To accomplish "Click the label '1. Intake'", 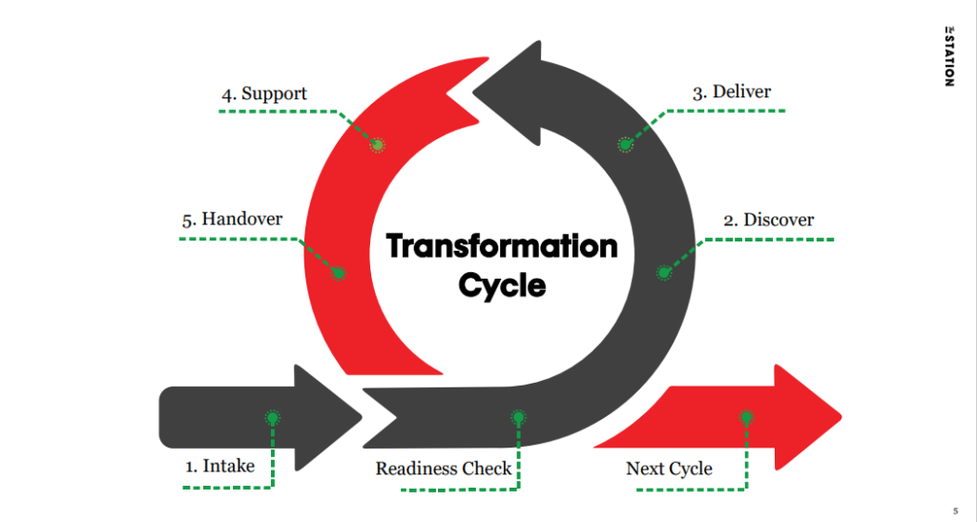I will pos(219,467).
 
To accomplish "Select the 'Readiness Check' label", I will pos(444,469).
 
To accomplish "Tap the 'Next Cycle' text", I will pos(669,469).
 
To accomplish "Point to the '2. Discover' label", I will pos(768,219).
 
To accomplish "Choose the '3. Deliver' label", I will pos(732,93).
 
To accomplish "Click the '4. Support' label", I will pos(265,94).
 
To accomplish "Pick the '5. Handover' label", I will pos(231,219).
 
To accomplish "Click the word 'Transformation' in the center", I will pos(502,247).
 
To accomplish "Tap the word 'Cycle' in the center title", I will pos(502,284).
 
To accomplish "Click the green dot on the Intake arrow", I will pos(272,417).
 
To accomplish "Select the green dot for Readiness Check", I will pos(518,417).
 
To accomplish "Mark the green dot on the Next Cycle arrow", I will pos(746,417).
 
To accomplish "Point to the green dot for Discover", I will pos(664,273).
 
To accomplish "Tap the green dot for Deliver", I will pos(625,145).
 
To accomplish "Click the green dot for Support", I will pos(377,145).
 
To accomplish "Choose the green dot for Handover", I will pos(338,273).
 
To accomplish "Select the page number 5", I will pos(955,509).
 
